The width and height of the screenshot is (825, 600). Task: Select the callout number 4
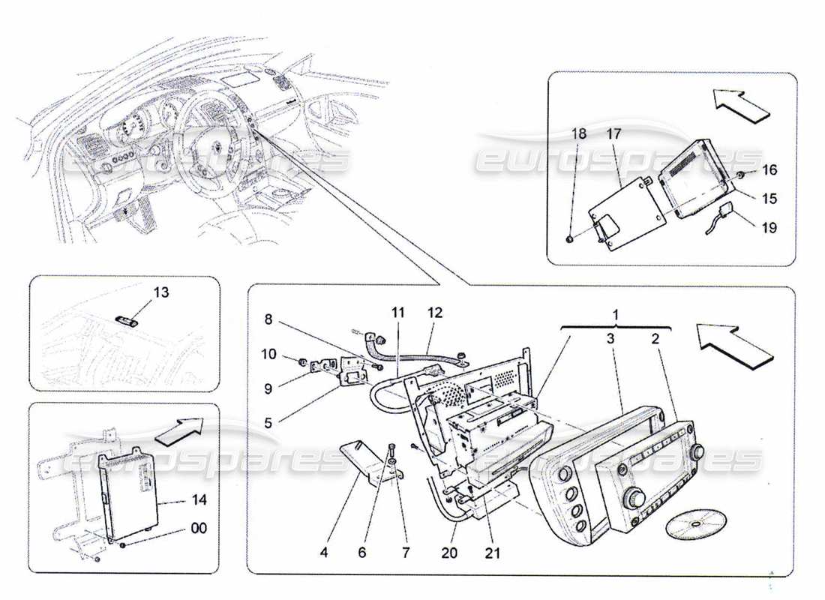coord(323,554)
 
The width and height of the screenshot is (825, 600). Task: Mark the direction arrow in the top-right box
coord(739,103)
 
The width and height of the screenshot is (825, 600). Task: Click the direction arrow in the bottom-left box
coord(181,430)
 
